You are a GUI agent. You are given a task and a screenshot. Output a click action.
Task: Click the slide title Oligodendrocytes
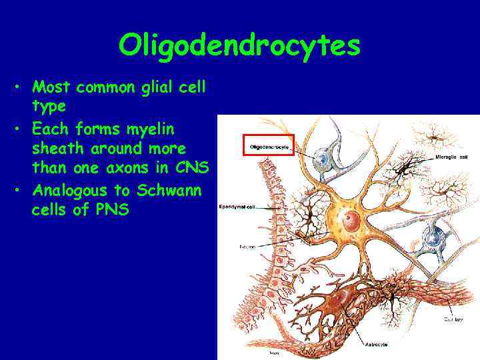(x=239, y=45)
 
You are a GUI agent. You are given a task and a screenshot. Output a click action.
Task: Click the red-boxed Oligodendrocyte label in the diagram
(x=269, y=147)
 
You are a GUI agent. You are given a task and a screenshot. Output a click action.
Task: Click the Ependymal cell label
(x=237, y=207)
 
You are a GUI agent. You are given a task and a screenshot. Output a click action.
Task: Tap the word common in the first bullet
(x=100, y=87)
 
